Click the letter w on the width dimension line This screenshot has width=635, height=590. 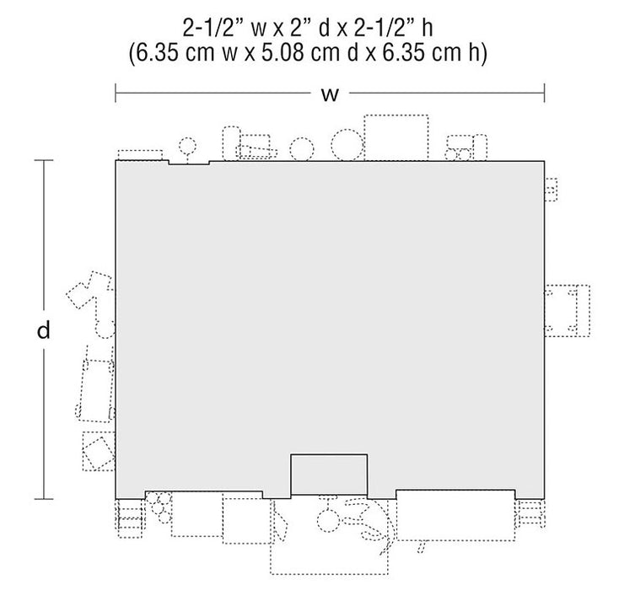click(330, 94)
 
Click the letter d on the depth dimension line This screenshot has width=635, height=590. click(44, 330)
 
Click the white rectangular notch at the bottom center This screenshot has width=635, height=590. click(329, 475)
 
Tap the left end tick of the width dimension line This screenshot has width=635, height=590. click(116, 93)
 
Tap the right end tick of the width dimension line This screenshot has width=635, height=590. click(544, 93)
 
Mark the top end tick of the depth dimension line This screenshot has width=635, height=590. click(44, 161)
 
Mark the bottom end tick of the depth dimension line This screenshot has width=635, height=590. click(44, 498)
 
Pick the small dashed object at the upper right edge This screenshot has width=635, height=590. click(551, 190)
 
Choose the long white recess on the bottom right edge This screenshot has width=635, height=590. click(455, 494)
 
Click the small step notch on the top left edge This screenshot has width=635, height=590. click(189, 163)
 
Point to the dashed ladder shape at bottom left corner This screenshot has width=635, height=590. click(130, 518)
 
